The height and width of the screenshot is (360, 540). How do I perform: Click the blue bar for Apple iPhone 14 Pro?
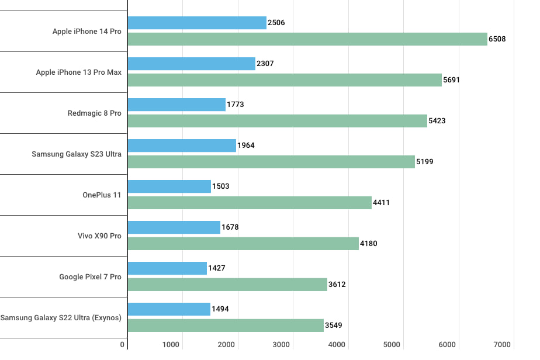[197, 23]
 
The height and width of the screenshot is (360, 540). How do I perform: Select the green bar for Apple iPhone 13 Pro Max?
[285, 80]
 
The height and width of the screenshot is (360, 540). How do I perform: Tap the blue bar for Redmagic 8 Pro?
[176, 105]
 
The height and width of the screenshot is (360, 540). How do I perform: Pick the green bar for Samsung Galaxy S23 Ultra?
[271, 162]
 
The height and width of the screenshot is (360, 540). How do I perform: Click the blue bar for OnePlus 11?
[169, 186]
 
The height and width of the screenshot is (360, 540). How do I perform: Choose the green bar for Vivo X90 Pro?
[243, 244]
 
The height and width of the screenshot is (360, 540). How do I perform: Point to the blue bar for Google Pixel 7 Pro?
[167, 268]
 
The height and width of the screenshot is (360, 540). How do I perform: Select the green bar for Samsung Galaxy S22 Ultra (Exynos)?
[226, 326]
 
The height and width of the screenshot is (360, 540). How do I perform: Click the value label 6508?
[497, 39]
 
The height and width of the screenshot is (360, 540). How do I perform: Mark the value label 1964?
[246, 146]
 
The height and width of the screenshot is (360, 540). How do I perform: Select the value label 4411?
[381, 203]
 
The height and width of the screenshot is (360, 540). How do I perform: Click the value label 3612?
[337, 285]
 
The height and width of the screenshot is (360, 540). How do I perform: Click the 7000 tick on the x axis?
[502, 345]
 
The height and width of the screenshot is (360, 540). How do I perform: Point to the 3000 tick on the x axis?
[281, 345]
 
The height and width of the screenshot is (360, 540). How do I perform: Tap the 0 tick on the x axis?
[122, 345]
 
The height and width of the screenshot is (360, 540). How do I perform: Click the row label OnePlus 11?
[102, 195]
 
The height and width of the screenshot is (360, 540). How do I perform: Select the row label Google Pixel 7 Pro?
[90, 276]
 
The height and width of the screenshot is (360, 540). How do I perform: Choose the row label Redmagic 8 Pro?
[94, 113]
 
